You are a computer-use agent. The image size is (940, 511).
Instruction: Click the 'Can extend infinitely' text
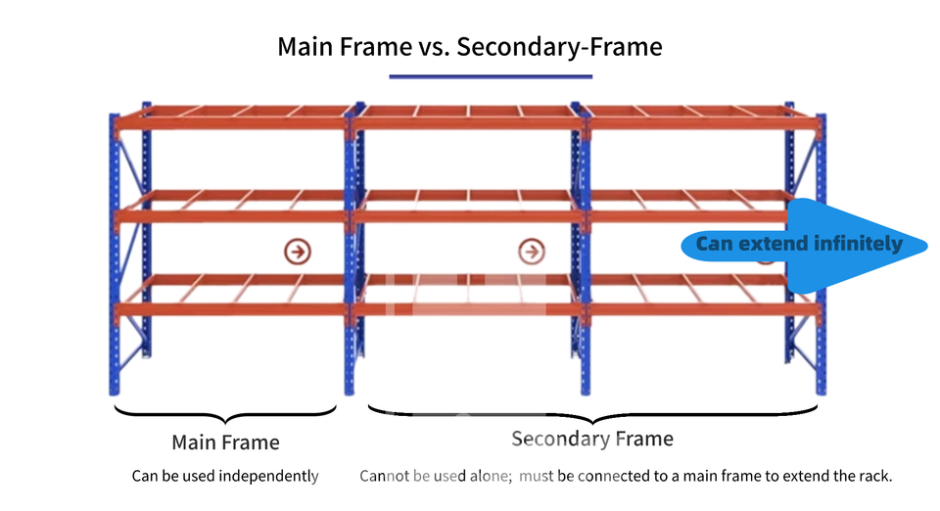click(x=799, y=244)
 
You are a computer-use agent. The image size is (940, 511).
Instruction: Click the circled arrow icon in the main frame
click(x=297, y=252)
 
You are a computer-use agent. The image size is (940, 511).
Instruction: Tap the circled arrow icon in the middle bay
click(x=531, y=252)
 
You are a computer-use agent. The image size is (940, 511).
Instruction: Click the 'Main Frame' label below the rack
click(x=225, y=442)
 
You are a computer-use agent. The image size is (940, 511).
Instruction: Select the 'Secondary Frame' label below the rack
click(x=592, y=439)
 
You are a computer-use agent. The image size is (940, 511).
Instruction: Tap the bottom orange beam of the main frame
click(x=231, y=310)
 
